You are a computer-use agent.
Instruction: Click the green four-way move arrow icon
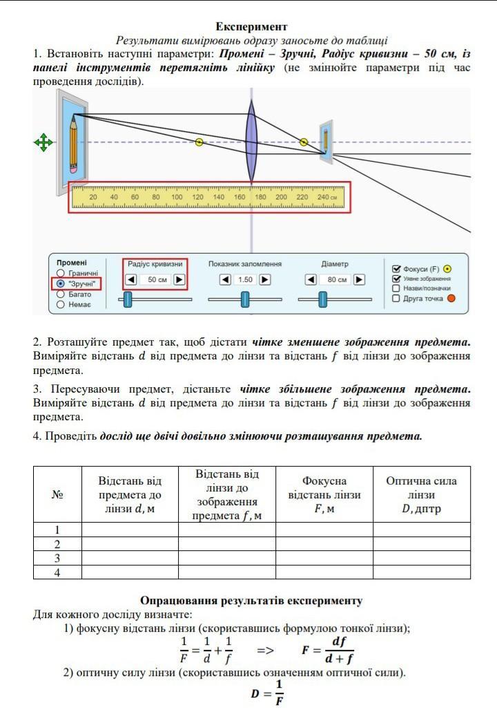(x=43, y=143)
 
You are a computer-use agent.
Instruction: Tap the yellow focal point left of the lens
(x=199, y=142)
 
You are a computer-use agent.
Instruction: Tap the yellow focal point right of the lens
(x=304, y=142)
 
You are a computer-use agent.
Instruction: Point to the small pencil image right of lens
(x=326, y=138)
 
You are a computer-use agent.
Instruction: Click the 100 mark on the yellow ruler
(x=177, y=198)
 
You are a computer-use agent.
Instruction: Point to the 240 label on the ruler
(x=324, y=198)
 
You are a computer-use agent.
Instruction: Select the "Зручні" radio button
(x=61, y=283)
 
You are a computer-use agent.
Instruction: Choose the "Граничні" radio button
(x=61, y=274)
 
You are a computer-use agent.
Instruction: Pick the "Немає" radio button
(x=61, y=304)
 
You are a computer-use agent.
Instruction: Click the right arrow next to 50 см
(x=179, y=280)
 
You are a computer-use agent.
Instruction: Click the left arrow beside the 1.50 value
(x=225, y=280)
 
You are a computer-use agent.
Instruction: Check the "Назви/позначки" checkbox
(x=396, y=288)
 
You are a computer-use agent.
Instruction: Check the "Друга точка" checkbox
(x=396, y=299)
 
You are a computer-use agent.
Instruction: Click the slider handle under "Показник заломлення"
(x=245, y=299)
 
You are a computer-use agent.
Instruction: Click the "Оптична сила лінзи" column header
(x=421, y=495)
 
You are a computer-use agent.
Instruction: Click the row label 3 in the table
(x=57, y=558)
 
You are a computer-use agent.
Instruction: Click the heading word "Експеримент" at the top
(x=251, y=27)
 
